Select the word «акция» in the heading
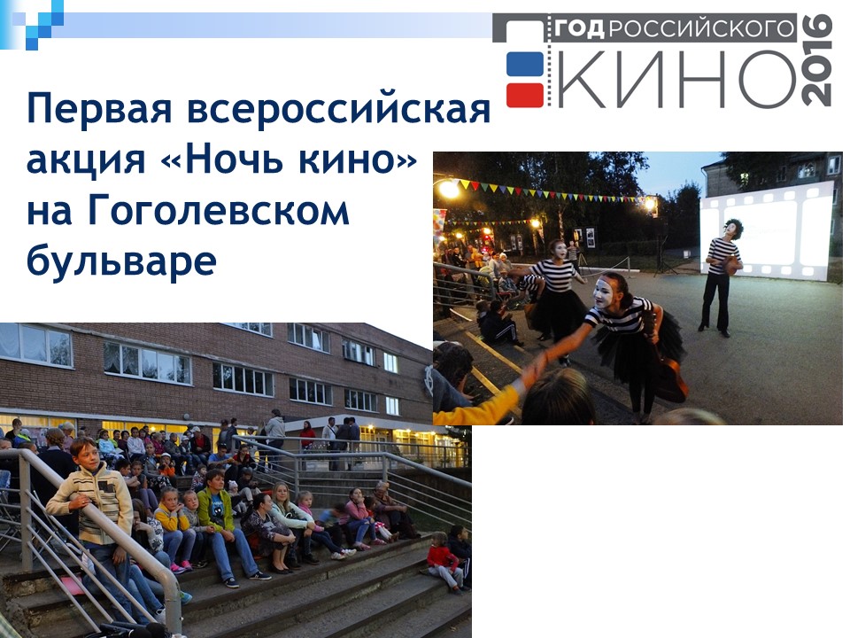(x=86, y=159)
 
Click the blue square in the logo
(x=525, y=64)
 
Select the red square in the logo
(x=525, y=95)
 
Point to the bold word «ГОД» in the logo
(x=578, y=28)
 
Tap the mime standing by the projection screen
(x=722, y=276)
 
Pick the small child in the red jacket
(x=446, y=563)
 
